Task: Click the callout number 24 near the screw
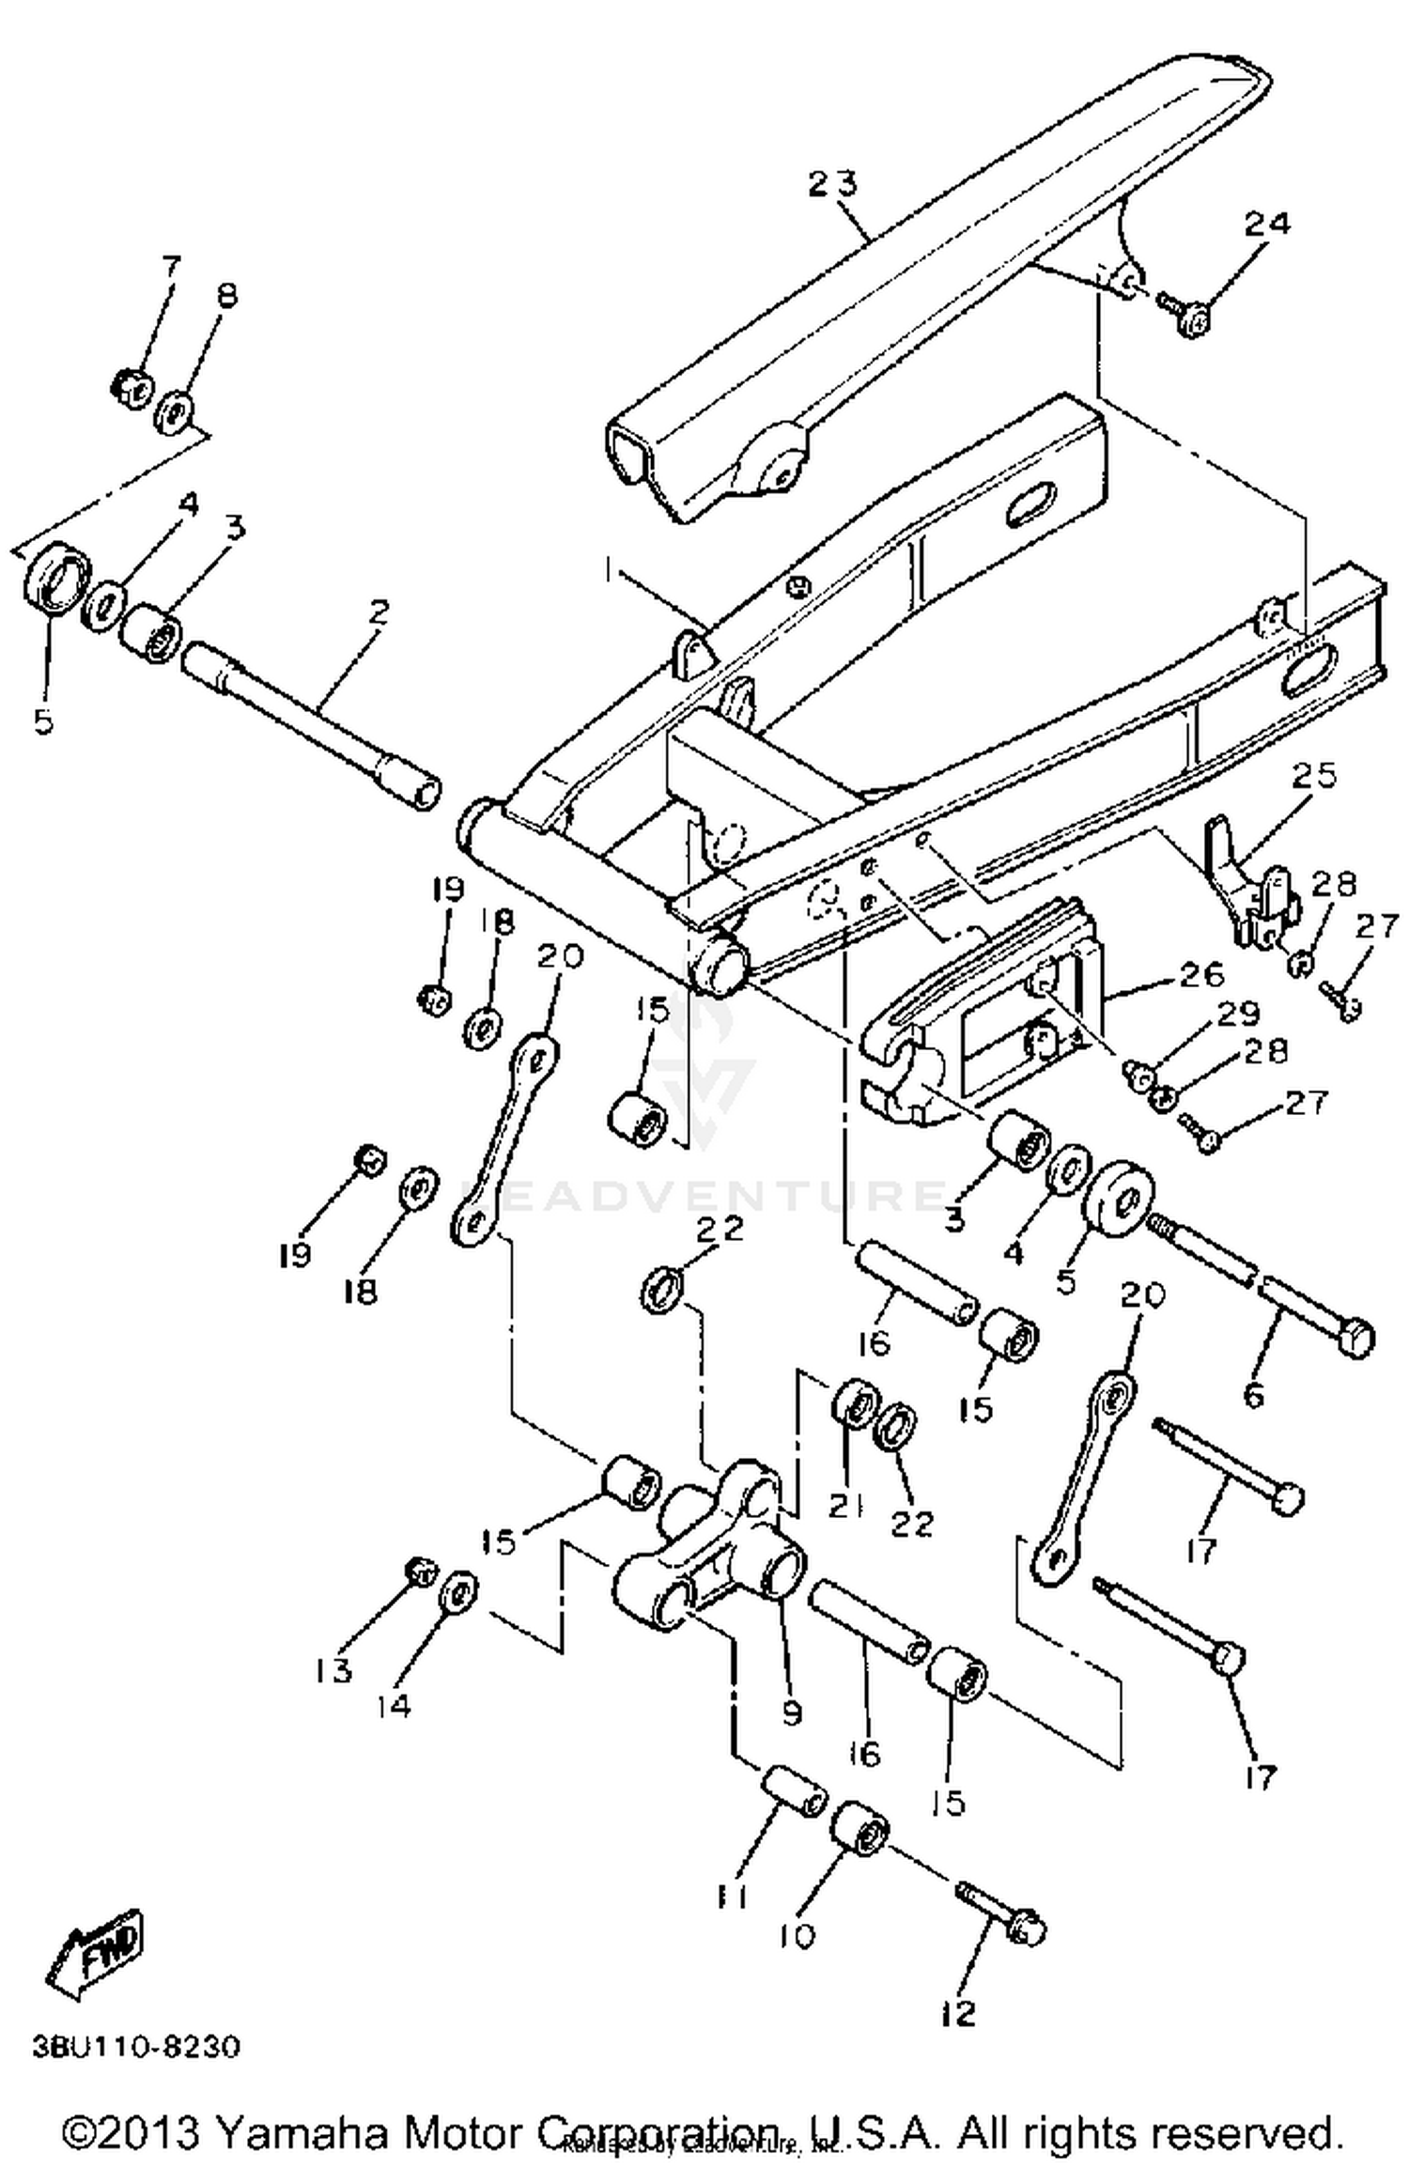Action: [1267, 224]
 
